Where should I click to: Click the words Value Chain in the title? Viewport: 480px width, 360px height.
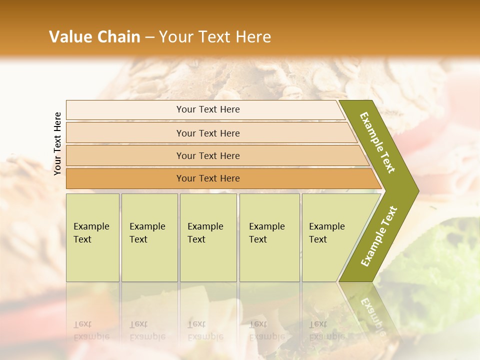coord(94,37)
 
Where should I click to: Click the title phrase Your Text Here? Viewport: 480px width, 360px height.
coord(215,37)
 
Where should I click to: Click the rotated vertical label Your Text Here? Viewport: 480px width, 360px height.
coord(58,144)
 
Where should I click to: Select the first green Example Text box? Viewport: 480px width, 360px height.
coord(92,237)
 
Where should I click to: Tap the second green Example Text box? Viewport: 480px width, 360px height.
coord(149,237)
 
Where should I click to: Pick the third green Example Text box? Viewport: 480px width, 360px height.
coord(208,237)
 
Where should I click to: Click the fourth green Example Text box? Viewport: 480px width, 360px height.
coord(269,237)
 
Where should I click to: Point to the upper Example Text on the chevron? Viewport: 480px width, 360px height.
coord(377,142)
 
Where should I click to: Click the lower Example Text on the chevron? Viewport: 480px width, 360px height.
coord(378,236)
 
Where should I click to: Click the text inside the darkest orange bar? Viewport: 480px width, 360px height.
coord(208,178)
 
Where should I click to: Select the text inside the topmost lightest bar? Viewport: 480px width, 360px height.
coord(208,109)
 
